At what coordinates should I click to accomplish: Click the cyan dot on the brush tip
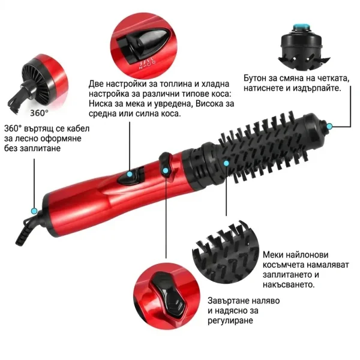(x=329, y=126)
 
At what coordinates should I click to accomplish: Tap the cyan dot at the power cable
(x=34, y=211)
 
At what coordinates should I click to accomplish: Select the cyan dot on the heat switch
(x=130, y=174)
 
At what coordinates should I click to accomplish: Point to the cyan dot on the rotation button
(x=165, y=170)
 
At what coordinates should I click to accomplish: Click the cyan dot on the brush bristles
(x=226, y=163)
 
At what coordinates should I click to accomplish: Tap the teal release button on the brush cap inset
(x=301, y=28)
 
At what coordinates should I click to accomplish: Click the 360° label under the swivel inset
(x=39, y=113)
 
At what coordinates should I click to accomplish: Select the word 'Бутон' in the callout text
(x=254, y=78)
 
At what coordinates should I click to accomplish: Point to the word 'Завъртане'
(x=228, y=301)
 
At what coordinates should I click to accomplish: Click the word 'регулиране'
(x=230, y=320)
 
